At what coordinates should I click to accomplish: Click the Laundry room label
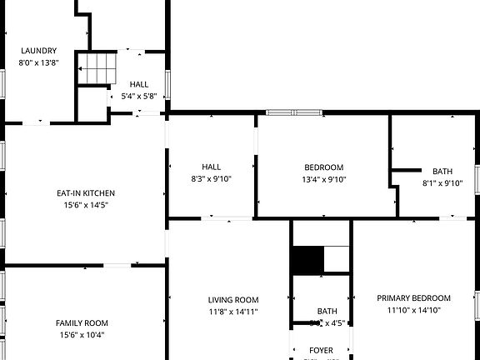coord(38,50)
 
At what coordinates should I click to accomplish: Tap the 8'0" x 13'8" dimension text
coord(38,62)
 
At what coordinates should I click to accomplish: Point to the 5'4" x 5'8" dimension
coord(138,96)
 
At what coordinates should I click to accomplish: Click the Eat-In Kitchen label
coord(81,192)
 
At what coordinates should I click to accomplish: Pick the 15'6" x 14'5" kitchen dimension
coord(81,205)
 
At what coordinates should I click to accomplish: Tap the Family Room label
coord(82,322)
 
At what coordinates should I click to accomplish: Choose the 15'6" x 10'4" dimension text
coord(82,335)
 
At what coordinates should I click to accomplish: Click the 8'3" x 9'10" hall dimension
coord(212,179)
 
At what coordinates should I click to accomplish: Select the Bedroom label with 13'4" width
coord(323,167)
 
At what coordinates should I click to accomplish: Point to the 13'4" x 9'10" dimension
coord(323,179)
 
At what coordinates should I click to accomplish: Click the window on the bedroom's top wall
coord(294,112)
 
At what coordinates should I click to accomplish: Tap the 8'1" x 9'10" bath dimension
coord(442,183)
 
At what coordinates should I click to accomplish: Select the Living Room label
coord(233,300)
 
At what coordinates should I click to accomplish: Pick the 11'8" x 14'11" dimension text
coord(233,312)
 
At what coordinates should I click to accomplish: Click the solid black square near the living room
coord(307,259)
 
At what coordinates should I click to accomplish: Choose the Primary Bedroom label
coord(413,298)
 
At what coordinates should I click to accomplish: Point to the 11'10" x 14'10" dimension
coord(413,311)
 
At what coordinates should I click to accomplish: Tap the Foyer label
coord(321,351)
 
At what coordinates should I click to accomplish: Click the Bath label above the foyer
coord(321,311)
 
